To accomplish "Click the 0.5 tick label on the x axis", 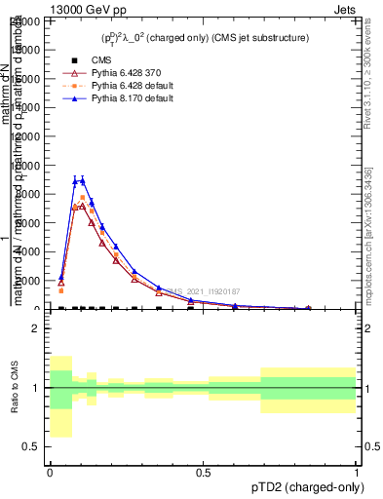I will click(203, 472).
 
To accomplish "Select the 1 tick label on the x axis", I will click(356, 472).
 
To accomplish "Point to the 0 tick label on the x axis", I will click(50, 472).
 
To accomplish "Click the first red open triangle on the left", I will click(60, 283).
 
